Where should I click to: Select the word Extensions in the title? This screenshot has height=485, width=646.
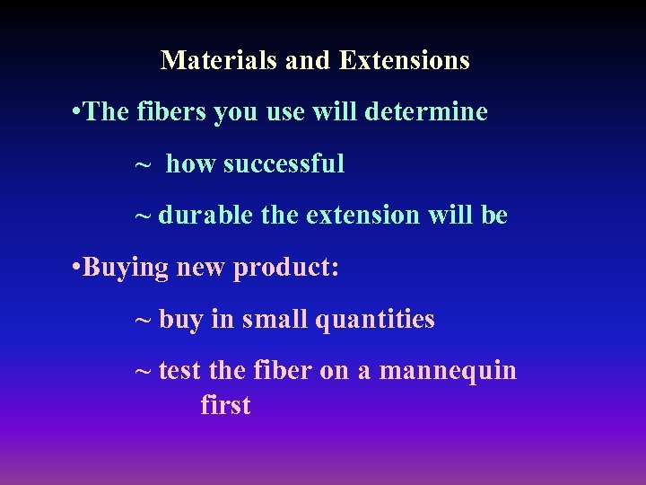tap(404, 60)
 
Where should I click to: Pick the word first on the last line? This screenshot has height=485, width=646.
tap(225, 405)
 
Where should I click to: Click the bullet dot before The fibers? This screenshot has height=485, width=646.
tap(74, 113)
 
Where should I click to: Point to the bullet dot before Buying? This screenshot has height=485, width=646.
tap(74, 269)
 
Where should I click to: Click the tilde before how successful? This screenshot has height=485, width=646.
tap(143, 165)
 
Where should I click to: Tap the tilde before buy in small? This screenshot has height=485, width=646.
tap(143, 321)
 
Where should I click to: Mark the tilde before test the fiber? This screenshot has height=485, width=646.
tap(143, 372)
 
